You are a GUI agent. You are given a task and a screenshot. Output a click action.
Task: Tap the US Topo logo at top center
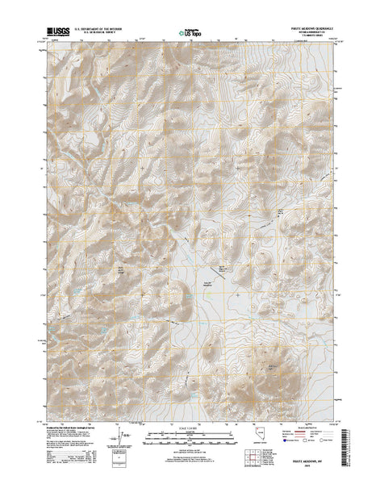pos(190,34)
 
